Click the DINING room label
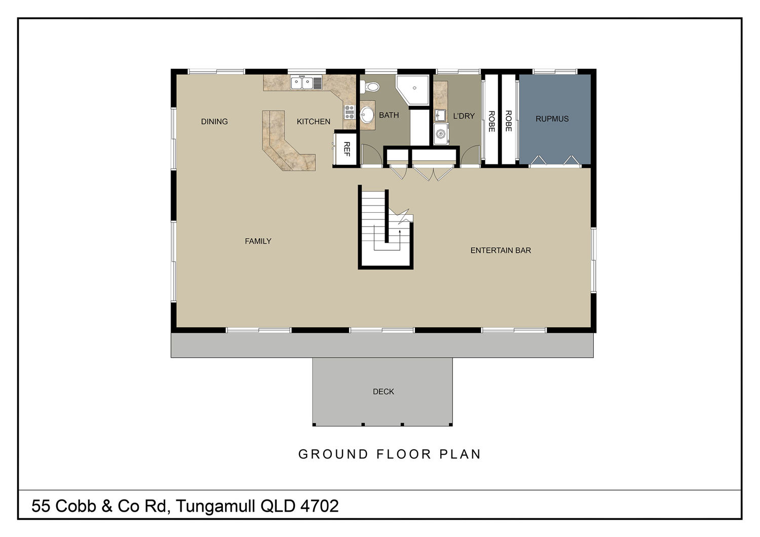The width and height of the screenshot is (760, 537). point(214,122)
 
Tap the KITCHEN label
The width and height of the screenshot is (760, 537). point(314,122)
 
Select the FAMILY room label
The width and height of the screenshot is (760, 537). point(258,241)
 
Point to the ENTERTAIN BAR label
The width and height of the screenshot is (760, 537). point(501,250)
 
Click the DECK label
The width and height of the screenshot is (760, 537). point(384,392)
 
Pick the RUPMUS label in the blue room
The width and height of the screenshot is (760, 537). point(552,119)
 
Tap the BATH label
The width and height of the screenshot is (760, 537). point(389,115)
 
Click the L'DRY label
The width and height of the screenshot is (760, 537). point(464,116)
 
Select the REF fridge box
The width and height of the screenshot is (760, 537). point(346,149)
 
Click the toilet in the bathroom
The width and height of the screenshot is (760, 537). point(370,87)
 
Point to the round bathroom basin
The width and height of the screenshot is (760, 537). point(367,115)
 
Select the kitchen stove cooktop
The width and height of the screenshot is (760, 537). point(350,112)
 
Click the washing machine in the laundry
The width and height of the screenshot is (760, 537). point(441,134)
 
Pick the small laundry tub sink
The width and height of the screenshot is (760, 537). point(440,116)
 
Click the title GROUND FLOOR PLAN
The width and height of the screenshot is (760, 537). point(390,454)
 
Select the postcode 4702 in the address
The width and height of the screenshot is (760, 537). point(319,506)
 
